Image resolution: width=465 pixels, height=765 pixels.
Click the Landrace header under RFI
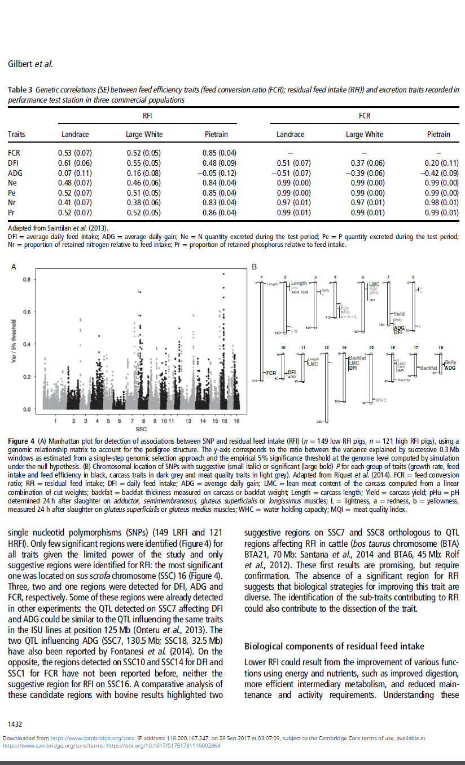[74, 134]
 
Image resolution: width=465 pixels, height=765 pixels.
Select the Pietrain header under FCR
[438, 134]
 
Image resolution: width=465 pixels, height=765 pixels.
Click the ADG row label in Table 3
[15, 173]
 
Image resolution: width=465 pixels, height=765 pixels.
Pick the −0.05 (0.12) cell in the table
[219, 173]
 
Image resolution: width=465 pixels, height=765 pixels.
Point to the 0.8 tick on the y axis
[27, 280]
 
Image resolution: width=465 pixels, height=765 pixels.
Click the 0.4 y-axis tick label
[27, 344]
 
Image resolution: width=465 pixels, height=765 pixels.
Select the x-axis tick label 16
[224, 421]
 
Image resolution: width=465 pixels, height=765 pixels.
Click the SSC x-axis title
[142, 429]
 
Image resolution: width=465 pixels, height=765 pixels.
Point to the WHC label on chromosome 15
[381, 400]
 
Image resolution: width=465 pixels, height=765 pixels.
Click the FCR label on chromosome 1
[271, 373]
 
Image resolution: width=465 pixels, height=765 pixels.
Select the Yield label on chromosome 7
[398, 314]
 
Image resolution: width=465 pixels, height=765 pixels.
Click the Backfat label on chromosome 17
[428, 368]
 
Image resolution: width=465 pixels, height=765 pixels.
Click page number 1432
[15, 723]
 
